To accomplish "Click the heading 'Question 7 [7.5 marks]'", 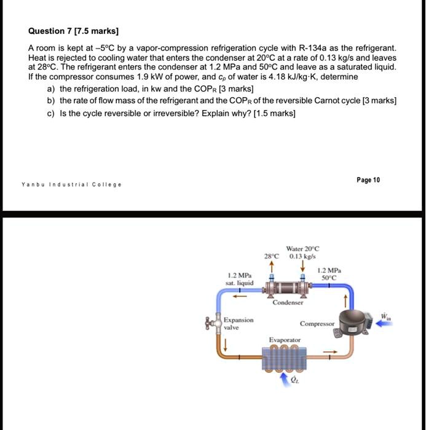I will click(74, 31).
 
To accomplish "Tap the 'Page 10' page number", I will click(368, 180).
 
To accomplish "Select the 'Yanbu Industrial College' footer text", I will click(71, 184).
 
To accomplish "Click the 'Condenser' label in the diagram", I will click(288, 302).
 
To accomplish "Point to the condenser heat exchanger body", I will click(286, 287).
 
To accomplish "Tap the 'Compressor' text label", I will click(317, 323).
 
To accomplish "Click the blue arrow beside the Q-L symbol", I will click(284, 380).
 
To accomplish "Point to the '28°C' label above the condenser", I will click(271, 256).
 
